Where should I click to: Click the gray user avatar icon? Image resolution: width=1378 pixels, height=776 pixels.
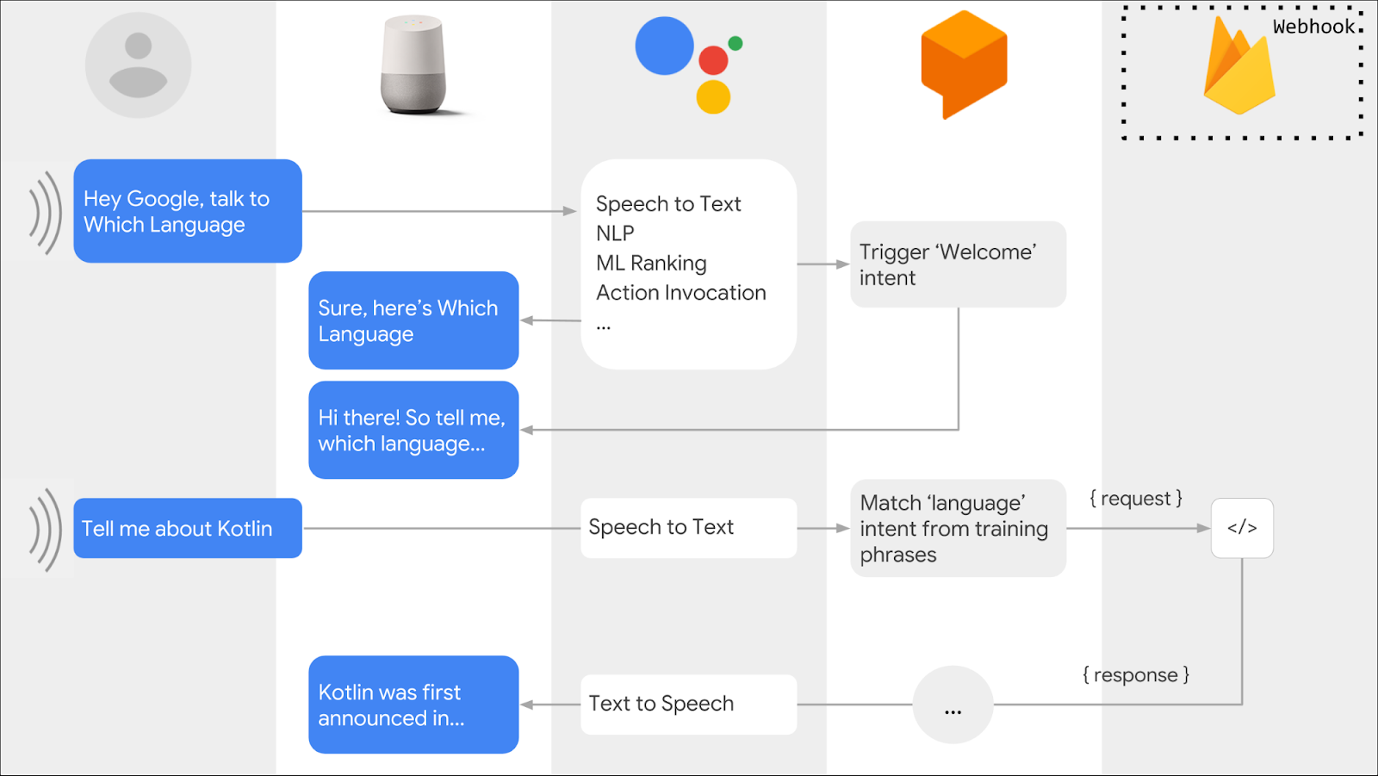(138, 65)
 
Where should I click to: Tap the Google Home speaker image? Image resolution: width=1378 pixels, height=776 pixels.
(414, 66)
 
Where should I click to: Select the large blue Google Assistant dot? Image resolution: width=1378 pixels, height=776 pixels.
(664, 46)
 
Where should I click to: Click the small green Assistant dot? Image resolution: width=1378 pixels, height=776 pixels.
(735, 43)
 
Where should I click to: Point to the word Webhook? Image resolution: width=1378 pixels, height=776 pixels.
(1314, 27)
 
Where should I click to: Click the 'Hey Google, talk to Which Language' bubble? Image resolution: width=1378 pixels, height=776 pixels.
(188, 211)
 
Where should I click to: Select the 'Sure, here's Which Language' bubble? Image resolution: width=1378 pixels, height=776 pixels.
(413, 320)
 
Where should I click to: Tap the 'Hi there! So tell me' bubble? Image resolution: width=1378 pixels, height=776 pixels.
(413, 430)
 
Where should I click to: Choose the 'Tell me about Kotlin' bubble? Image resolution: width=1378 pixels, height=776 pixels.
(188, 528)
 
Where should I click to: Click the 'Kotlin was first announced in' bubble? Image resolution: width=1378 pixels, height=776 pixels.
(413, 705)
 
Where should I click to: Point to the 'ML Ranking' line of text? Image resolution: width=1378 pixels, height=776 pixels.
(651, 263)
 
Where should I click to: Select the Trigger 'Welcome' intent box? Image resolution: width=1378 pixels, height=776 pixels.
(958, 264)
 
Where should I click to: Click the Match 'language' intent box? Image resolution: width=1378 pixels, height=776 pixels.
(958, 528)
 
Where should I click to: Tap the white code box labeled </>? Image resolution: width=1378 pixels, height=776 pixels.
(1242, 528)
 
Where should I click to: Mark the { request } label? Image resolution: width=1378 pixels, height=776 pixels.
(1136, 499)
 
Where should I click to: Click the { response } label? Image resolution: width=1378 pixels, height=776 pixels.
(1136, 675)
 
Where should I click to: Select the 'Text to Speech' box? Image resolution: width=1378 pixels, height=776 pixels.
(688, 704)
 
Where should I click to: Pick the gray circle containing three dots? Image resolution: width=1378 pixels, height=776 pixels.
(953, 705)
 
